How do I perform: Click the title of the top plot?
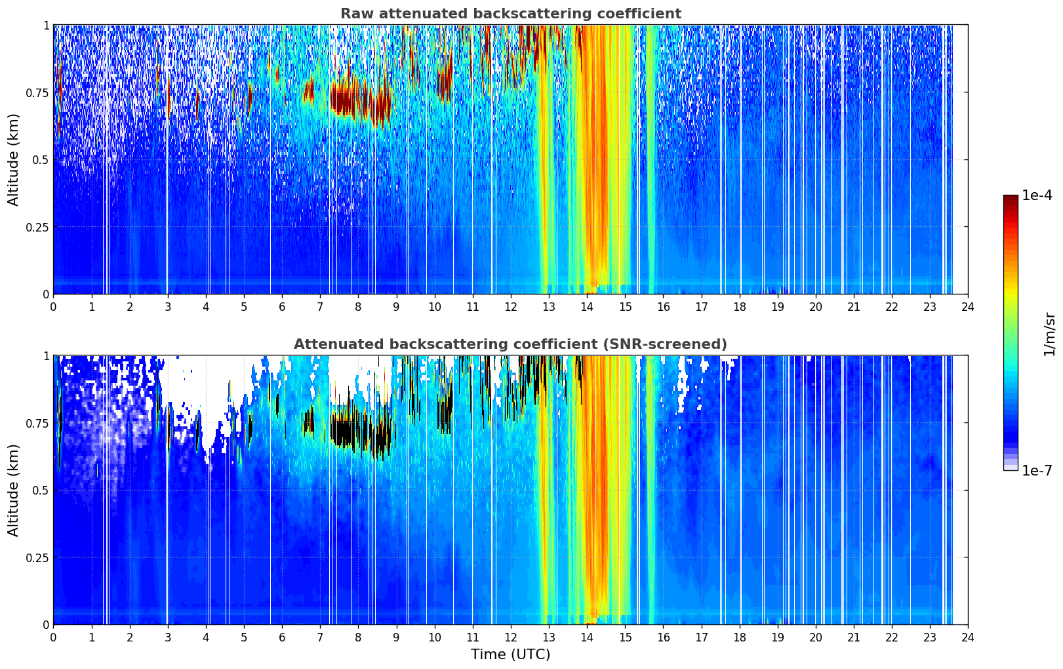pos(511,13)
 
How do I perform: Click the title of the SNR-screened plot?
pos(511,344)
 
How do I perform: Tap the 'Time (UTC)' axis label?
pos(511,655)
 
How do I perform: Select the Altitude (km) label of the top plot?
pos(13,160)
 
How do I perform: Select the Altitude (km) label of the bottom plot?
pos(13,490)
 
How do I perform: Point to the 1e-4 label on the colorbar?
pos(1037,195)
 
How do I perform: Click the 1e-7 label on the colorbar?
pos(1037,471)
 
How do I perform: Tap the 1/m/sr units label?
pos(1049,334)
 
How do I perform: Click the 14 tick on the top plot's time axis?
pos(587,306)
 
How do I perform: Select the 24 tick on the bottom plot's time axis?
pos(968,638)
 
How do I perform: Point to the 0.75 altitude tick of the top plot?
pos(37,92)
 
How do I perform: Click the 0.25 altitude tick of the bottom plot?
pos(37,557)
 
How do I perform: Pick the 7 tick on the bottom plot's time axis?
pos(320,638)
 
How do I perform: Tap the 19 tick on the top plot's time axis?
pos(777,306)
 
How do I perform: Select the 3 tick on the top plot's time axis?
pos(167,306)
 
